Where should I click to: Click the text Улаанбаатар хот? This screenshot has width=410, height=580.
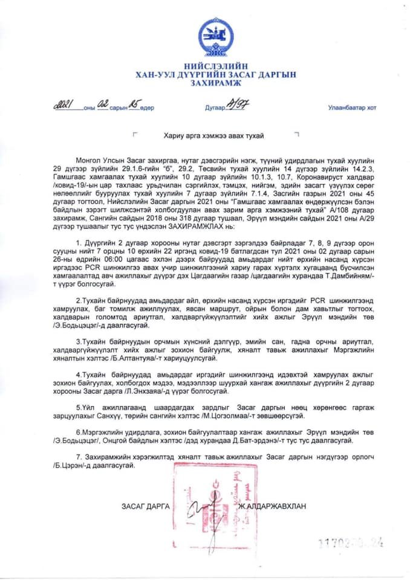(x=352, y=108)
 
